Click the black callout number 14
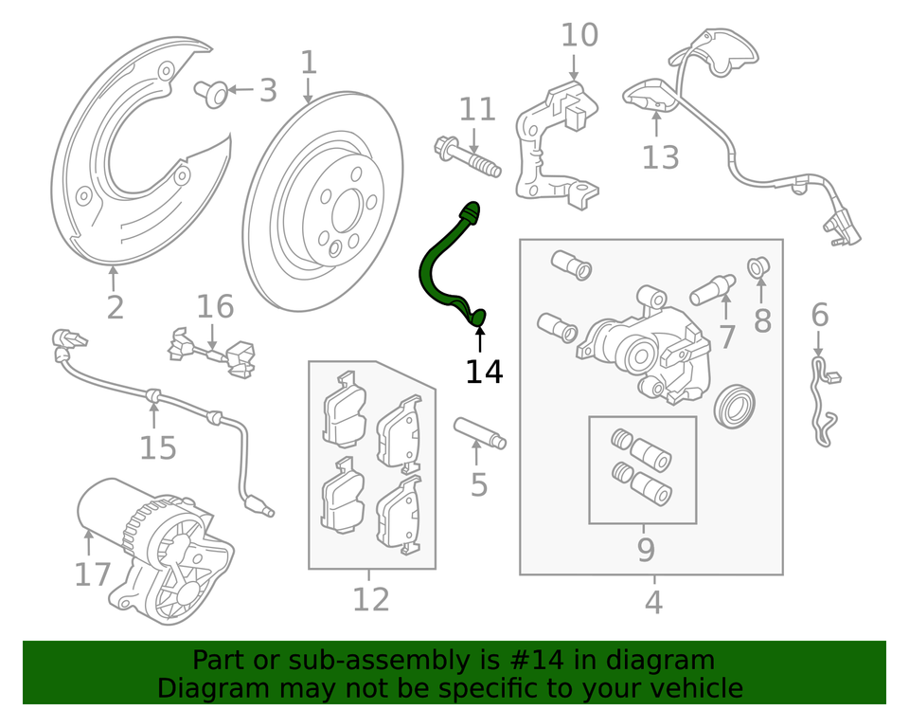[484, 371]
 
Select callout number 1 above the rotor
[309, 63]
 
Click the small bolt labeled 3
[213, 93]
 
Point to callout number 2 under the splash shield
[115, 306]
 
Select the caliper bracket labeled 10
[554, 142]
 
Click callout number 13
[660, 156]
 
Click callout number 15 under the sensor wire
[158, 446]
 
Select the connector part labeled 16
[212, 352]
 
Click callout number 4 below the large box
[653, 601]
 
